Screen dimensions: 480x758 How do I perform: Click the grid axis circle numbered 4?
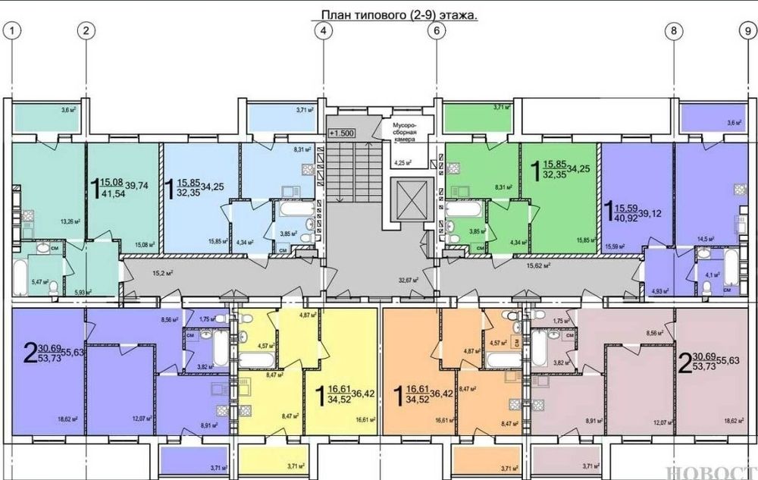click(x=324, y=31)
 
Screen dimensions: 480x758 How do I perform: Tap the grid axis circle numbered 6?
click(x=436, y=31)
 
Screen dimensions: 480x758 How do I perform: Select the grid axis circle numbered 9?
click(x=746, y=31)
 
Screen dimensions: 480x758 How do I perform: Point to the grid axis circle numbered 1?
click(x=12, y=31)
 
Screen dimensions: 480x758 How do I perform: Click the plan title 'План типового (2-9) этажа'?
click(x=393, y=13)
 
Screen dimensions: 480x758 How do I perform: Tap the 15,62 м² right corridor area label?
click(x=537, y=266)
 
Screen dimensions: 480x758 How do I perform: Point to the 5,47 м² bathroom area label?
click(x=41, y=282)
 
